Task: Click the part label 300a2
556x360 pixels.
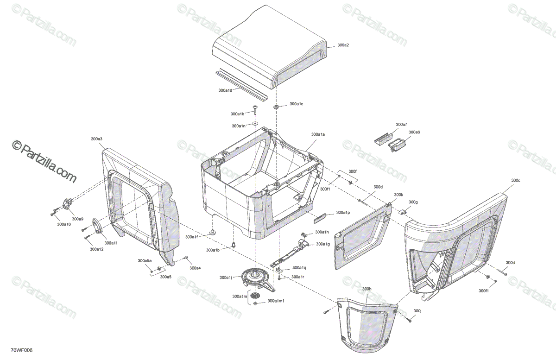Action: coord(343,45)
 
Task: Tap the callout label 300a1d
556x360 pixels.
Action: coord(225,90)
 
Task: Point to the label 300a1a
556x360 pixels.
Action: coord(318,134)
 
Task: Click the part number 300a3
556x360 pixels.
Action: coord(97,139)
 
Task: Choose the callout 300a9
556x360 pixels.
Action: coord(77,219)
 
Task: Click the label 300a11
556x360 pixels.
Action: coord(111,243)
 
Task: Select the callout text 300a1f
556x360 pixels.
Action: coord(191,237)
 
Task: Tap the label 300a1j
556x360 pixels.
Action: coord(226,278)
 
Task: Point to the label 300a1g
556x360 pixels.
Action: coord(323,244)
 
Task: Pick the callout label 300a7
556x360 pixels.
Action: coord(401,125)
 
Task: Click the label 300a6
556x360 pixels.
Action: coord(414,132)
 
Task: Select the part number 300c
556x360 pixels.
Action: coord(516,180)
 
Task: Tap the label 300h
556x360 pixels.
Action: coord(367,289)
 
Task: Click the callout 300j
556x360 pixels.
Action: coord(417,311)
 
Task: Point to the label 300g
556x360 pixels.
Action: coord(413,202)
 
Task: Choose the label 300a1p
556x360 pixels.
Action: coord(343,212)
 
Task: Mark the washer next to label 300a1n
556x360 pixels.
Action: coord(255,124)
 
